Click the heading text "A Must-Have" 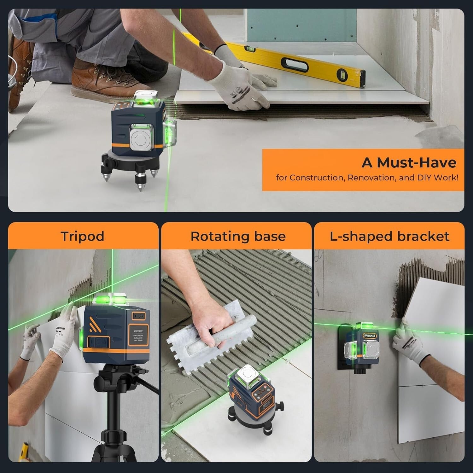tap(409, 163)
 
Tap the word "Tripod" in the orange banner tap(82, 236)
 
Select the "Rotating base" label tap(238, 236)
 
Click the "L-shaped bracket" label tap(389, 236)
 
